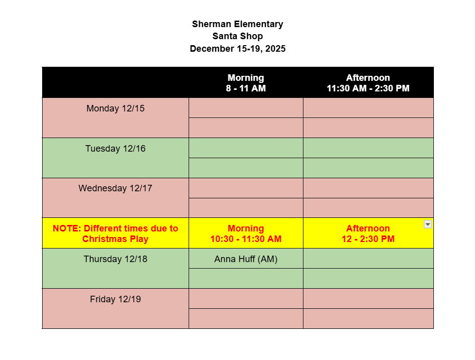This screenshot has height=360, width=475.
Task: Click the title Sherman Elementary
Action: pos(237,24)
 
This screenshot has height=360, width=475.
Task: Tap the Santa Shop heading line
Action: pos(237,36)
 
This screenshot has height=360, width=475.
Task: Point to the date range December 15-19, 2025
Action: pos(237,49)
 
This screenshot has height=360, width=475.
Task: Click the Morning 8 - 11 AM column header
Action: pos(246,83)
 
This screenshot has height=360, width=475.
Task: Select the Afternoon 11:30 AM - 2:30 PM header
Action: pos(368,83)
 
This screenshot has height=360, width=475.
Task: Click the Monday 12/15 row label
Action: pos(115,108)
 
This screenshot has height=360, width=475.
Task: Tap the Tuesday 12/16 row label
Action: pos(115,149)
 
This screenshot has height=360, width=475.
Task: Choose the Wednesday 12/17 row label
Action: pos(115,188)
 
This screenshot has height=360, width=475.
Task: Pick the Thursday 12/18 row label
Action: pos(115,259)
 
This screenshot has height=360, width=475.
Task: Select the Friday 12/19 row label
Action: pos(115,299)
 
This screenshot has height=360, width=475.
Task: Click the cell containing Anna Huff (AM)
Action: pos(246,259)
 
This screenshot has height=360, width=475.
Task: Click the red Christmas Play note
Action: pos(115,233)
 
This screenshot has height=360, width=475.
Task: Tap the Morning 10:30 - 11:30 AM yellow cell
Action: pos(246,233)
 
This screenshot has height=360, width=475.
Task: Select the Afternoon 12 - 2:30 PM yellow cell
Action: pos(368,233)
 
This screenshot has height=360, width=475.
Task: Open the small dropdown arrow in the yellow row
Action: pos(428,224)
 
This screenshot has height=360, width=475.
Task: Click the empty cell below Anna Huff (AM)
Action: pos(246,279)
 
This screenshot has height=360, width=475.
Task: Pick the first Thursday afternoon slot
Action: pos(368,259)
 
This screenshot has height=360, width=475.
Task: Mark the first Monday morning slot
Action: pos(246,108)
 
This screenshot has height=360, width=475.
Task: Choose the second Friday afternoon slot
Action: pos(368,318)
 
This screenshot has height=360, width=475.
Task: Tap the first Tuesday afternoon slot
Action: pos(368,148)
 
